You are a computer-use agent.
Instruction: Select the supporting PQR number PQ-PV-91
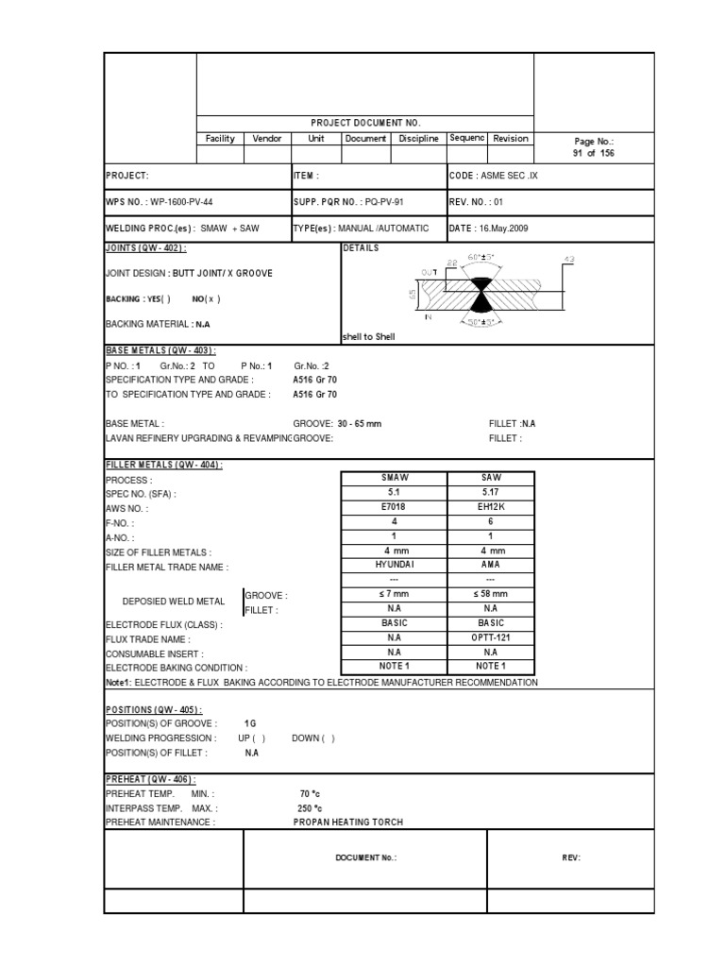377,202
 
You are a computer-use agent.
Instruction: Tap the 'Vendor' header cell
267,139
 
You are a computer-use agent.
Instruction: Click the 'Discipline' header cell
418,139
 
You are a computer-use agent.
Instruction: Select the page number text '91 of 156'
593,153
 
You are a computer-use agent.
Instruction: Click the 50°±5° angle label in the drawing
485,324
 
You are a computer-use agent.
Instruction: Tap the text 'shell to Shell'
368,337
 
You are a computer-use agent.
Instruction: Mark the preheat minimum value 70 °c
310,794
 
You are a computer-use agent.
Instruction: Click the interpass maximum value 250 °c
310,808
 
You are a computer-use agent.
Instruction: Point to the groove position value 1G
250,723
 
